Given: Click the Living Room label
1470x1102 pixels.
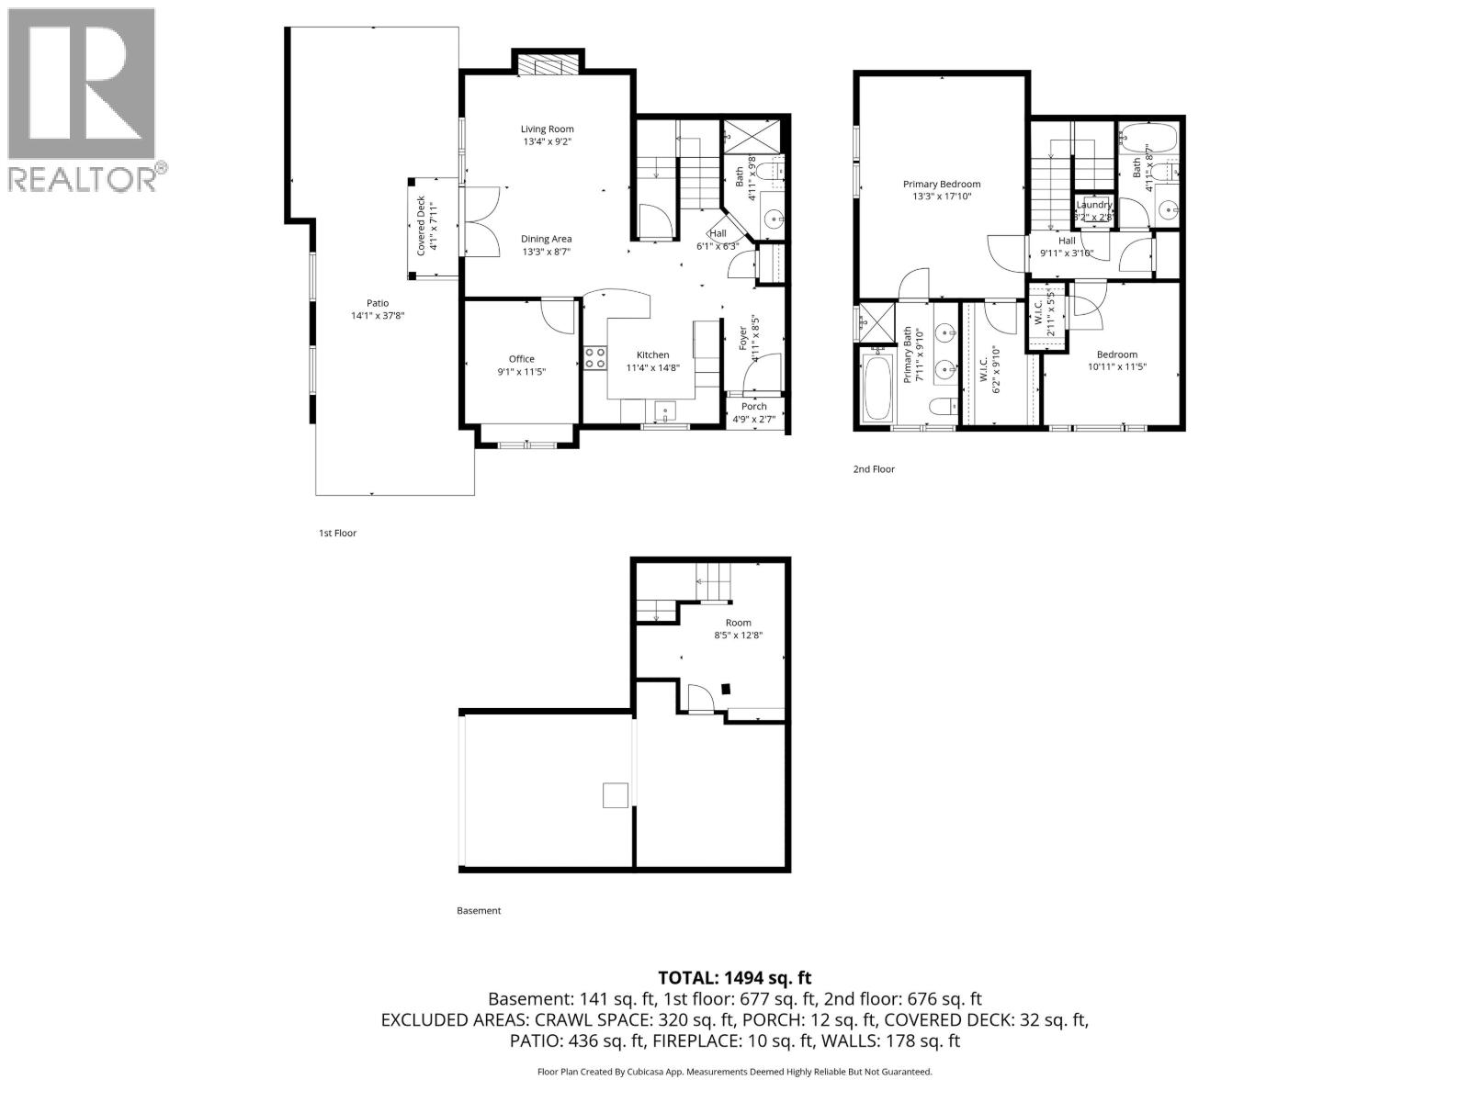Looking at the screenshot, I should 548,129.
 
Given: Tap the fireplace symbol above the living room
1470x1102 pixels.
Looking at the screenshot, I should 548,65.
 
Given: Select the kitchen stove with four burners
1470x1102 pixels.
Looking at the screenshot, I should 594,357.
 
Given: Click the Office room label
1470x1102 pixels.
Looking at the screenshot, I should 521,359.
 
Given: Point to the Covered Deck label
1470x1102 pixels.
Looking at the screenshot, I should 421,225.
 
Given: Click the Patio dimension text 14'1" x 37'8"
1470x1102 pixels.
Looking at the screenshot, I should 378,316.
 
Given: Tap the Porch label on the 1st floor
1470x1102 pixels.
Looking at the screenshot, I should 753,406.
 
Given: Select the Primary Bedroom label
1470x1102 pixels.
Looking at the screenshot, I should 941,184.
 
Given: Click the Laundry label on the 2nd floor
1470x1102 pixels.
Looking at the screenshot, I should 1094,205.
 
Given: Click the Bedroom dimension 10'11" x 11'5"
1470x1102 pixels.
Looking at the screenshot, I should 1116,366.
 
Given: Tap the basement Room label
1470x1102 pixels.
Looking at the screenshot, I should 738,623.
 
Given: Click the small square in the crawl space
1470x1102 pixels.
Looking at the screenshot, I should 616,794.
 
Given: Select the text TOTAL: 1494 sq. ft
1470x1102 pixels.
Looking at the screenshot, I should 734,978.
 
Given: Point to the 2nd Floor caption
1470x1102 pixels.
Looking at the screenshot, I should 873,469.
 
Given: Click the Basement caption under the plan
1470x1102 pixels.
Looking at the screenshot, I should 479,911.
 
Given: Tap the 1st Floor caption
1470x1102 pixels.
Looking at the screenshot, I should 337,533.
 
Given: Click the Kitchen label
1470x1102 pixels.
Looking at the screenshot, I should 653,355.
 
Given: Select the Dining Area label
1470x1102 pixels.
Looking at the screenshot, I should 547,239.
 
